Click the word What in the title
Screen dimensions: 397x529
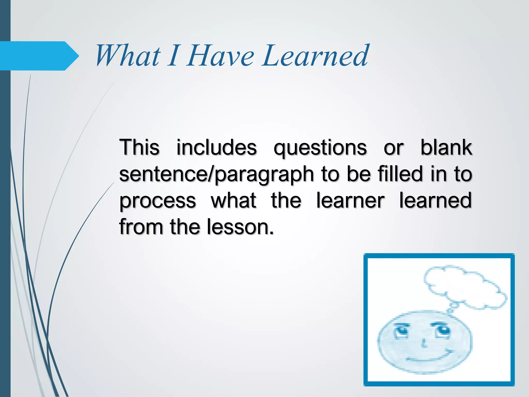pyautogui.click(x=128, y=56)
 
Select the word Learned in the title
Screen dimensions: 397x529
pyautogui.click(x=315, y=56)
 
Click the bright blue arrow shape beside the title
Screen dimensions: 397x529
pyautogui.click(x=39, y=56)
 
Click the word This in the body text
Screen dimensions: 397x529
pyautogui.click(x=139, y=147)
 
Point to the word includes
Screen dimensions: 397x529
pyautogui.click(x=216, y=147)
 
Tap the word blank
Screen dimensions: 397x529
pyautogui.click(x=446, y=147)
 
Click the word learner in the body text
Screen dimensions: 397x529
pyautogui.click(x=350, y=200)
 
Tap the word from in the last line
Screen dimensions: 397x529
pyautogui.click(x=141, y=227)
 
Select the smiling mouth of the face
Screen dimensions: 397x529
pyautogui.click(x=429, y=357)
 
